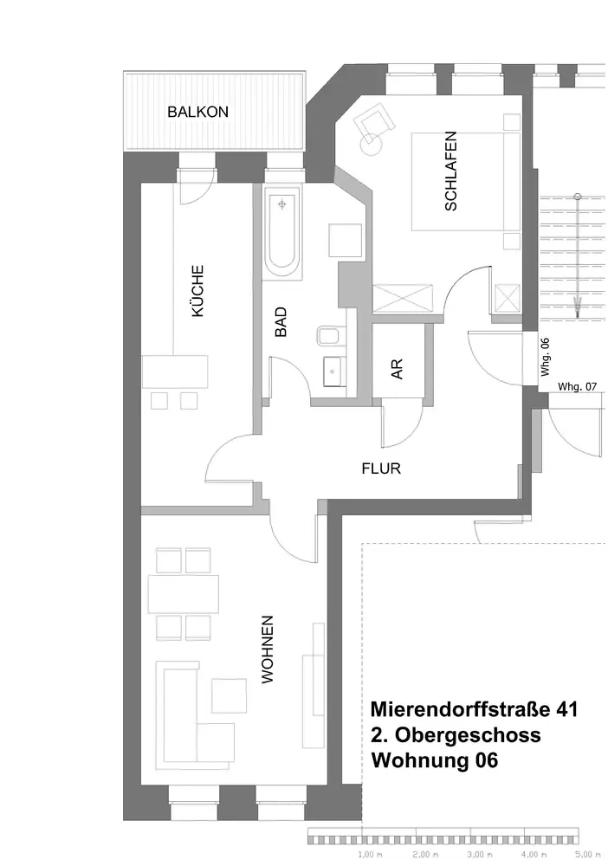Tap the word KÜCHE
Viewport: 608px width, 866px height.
click(198, 291)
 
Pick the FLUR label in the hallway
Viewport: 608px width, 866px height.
click(380, 469)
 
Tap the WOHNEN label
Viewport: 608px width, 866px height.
click(268, 649)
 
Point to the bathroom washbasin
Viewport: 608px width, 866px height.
click(332, 372)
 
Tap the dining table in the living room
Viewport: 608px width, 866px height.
click(184, 594)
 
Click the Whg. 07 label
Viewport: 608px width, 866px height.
click(578, 386)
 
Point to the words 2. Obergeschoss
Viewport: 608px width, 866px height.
click(456, 735)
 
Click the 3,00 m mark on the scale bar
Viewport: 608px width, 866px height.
click(475, 855)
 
